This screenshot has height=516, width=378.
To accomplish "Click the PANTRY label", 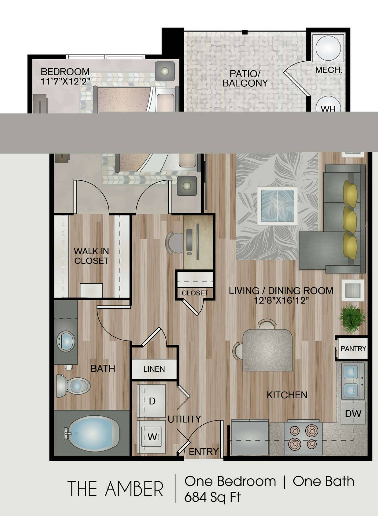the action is click(353, 348).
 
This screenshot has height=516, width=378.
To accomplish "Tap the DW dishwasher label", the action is click(353, 414).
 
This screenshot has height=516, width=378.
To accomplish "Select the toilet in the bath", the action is click(73, 386).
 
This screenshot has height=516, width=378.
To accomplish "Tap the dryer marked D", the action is click(152, 401).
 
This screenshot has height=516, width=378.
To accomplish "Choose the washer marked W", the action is click(152, 437).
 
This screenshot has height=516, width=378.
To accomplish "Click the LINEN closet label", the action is click(154, 369).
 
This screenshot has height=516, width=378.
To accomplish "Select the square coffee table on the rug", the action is click(278, 206).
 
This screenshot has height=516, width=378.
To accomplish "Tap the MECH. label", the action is click(329, 70).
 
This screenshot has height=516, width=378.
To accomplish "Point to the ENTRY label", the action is click(204, 452).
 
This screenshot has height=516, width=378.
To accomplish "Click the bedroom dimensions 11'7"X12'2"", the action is click(65, 81).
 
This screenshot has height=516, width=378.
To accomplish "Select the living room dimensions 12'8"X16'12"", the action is click(281, 300).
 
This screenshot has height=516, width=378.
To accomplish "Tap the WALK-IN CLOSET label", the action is click(91, 256).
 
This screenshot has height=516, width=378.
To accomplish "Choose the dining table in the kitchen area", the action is click(268, 350).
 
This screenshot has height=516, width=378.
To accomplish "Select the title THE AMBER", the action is click(115, 489).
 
